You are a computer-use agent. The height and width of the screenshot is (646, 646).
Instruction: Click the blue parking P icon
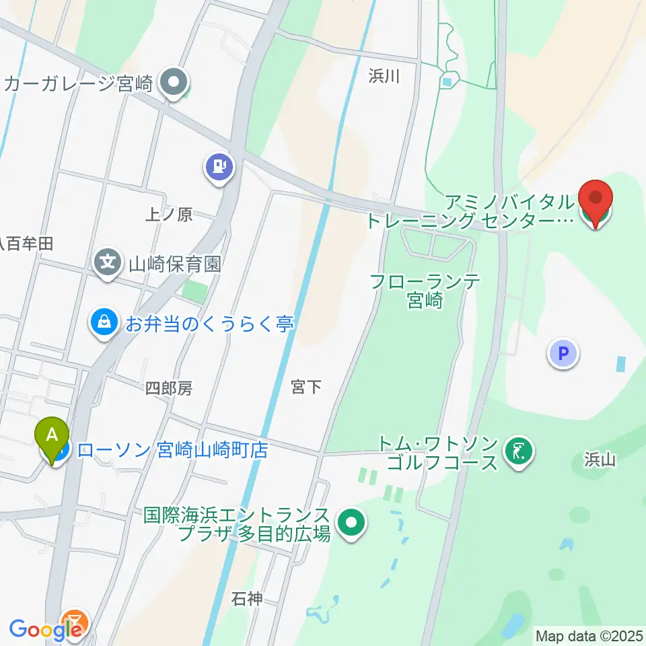pos(563,353)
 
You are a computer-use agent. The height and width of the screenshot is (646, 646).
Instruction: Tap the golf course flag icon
pos(518,452)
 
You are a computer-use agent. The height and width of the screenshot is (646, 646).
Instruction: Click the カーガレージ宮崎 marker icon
pos(175,83)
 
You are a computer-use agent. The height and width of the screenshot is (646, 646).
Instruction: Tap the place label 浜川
pos(384,77)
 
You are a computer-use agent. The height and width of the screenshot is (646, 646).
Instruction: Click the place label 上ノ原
pos(169,215)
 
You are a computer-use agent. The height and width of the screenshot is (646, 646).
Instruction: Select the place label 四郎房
pos(169,388)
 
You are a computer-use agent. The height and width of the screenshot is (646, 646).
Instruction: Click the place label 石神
pos(246,598)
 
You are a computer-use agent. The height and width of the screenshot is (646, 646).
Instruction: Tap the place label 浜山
pos(600,460)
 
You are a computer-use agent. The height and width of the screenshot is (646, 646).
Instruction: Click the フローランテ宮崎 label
pos(425,291)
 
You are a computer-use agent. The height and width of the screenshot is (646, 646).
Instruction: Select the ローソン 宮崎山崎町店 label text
pos(172,450)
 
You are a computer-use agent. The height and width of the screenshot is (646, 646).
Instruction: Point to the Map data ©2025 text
pos(589,636)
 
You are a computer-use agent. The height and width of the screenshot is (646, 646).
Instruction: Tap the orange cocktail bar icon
pos(74,621)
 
